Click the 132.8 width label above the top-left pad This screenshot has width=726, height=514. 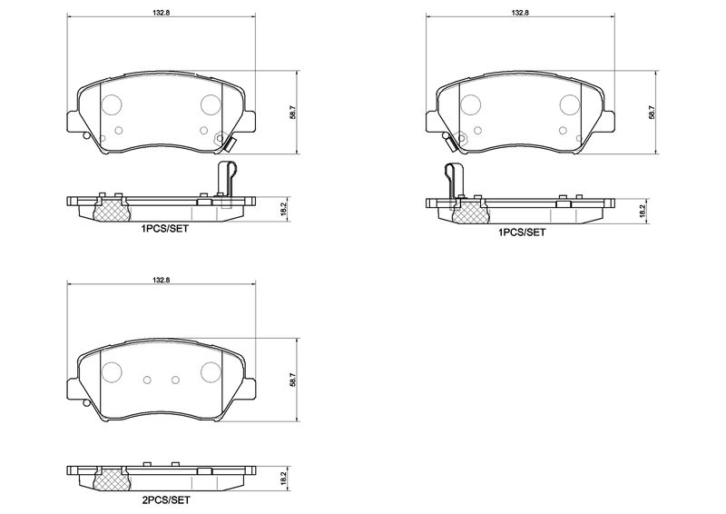[x=162, y=13]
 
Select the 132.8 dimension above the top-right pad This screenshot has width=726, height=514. [x=520, y=13]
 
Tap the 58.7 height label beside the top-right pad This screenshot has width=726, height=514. [x=652, y=113]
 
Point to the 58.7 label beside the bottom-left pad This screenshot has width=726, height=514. [x=292, y=381]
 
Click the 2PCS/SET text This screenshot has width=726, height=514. [x=165, y=500]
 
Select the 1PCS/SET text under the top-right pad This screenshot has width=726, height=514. [x=522, y=232]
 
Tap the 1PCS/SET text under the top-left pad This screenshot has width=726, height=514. [x=165, y=229]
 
